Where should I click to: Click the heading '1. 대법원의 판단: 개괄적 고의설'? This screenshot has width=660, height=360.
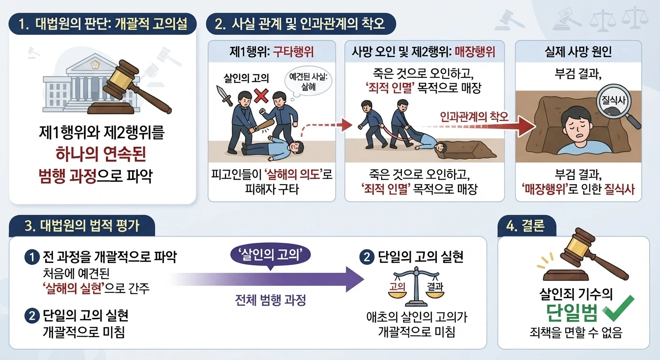pos(103,23)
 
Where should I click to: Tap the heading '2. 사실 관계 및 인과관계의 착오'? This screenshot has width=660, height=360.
pos(300,23)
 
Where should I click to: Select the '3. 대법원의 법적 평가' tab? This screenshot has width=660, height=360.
pos(82,226)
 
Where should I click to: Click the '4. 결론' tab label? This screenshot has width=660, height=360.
pos(526,226)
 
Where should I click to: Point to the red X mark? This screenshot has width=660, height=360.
pos(261,96)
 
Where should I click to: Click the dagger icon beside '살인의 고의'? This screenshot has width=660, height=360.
pos(225,95)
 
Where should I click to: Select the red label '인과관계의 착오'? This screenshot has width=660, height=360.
pos(474,117)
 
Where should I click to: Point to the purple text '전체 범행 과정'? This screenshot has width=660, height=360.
pos(270,300)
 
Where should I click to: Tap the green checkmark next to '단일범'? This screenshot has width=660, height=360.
pos(618,308)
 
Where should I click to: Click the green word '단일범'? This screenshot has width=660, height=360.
pos(572,312)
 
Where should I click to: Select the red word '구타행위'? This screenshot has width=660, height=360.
pos(293,52)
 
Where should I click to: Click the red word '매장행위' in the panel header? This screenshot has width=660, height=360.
pos(475,52)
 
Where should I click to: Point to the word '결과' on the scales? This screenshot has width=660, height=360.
pos(435,287)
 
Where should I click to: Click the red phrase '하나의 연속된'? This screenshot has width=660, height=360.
pos(101,154)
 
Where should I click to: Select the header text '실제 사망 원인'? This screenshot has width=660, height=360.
pos(578,52)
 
